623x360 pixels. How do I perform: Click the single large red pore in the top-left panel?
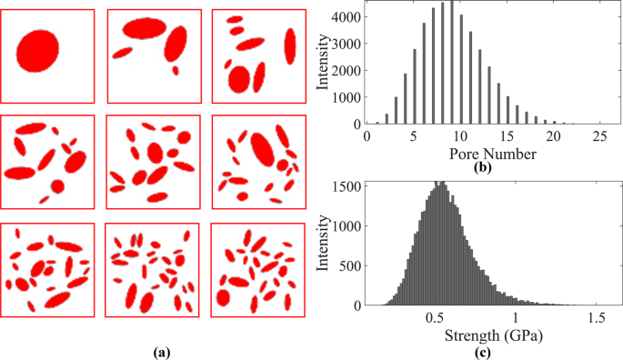coord(37,48)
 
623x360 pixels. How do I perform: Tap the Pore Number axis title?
coord(484,154)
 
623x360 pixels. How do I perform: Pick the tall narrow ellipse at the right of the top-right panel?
coord(291,45)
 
